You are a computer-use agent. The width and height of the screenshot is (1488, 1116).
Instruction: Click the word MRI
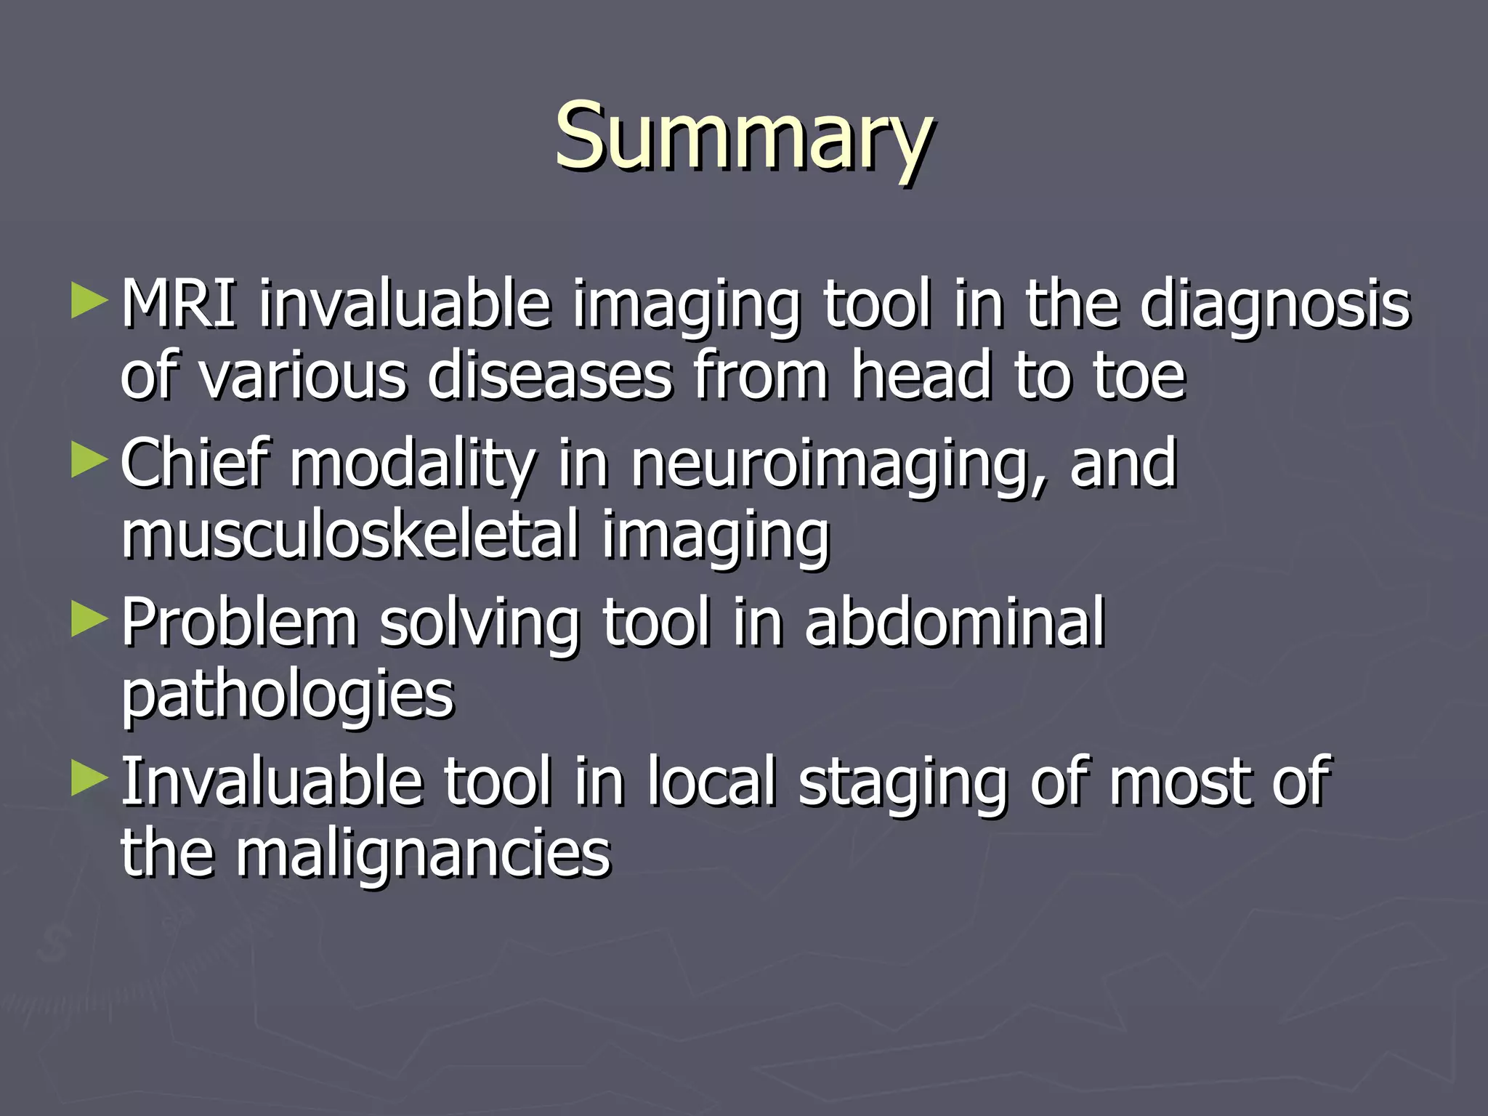click(x=178, y=304)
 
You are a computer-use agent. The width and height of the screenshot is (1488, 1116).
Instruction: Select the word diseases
click(x=550, y=376)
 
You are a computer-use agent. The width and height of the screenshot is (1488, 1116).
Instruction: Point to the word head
click(x=921, y=376)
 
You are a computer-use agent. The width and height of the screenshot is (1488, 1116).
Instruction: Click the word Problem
click(x=239, y=623)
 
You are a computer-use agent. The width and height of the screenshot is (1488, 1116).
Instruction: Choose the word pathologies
click(x=288, y=696)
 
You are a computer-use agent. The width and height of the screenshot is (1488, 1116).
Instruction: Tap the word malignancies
click(x=423, y=855)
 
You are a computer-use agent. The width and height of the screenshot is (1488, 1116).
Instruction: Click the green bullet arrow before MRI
click(x=89, y=301)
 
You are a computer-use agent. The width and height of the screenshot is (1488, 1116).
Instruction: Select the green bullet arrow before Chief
click(x=89, y=461)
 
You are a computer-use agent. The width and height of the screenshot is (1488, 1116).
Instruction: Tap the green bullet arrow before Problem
click(x=89, y=620)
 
